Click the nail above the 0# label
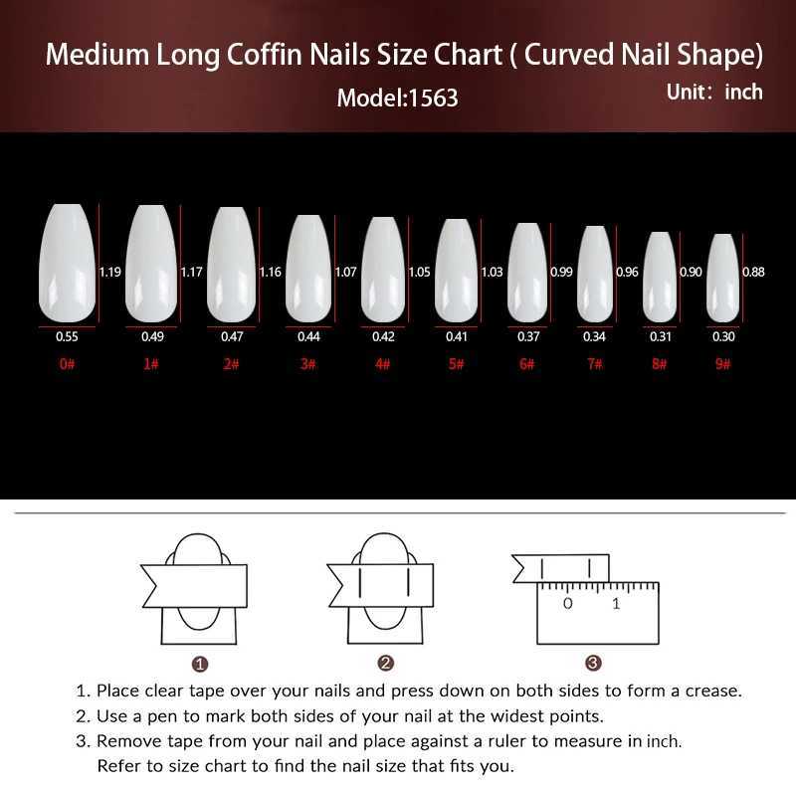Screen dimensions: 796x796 pos(67,263)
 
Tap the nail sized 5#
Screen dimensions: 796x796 pos(457,270)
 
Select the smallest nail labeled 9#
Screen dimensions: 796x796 pos(723,279)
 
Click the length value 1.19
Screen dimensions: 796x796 pos(110,272)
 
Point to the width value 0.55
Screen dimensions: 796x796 pos(67,336)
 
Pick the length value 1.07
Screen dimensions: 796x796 pos(345,272)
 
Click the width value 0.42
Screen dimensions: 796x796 pos(383,336)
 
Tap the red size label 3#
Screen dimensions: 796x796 pos(308,364)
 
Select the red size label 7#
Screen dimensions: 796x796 pos(594,364)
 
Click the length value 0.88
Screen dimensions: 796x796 pos(753,272)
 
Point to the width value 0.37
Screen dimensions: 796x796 pos(528,336)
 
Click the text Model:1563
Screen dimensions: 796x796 pos(397,98)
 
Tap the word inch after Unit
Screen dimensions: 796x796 pos(743,93)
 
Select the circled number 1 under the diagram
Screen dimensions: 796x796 pos(200,664)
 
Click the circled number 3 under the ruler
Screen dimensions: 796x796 pos(593,663)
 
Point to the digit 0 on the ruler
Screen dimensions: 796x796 pos(567,604)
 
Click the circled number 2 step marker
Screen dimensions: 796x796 pos(386,663)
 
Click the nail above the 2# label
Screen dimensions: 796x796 pos(232,265)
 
